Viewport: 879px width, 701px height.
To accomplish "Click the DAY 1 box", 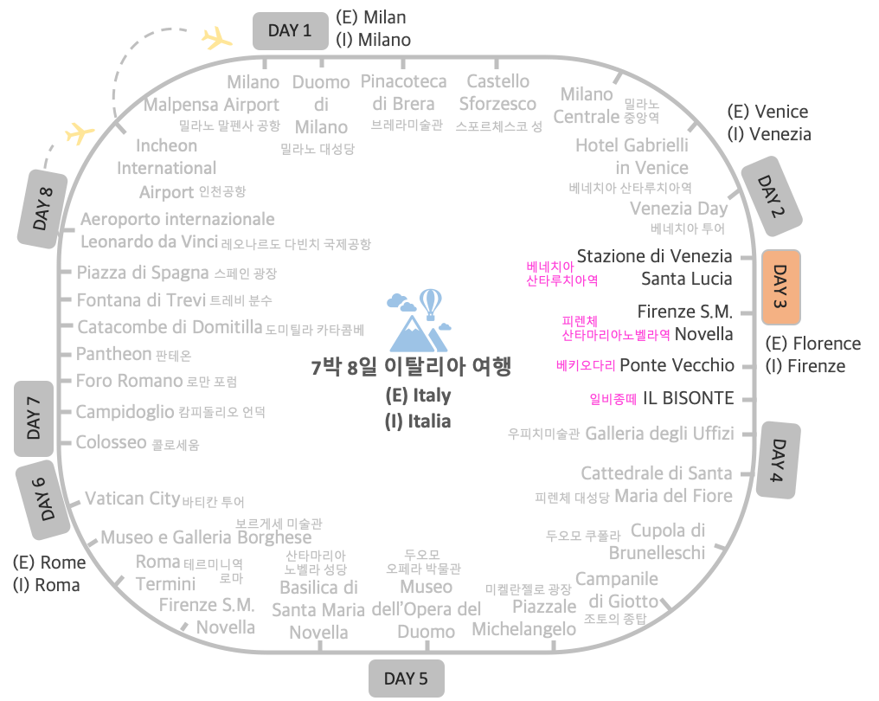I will (290, 31).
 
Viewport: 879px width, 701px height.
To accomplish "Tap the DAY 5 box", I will (405, 678).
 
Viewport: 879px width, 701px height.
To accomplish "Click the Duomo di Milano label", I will (321, 105).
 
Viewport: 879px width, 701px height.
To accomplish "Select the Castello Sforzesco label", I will (497, 93).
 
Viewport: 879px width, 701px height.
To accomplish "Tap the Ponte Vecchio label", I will (677, 365).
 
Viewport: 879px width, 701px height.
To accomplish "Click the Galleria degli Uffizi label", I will (659, 433).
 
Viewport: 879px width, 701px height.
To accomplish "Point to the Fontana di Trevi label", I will (141, 300).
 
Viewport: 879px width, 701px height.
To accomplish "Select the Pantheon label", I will (113, 354).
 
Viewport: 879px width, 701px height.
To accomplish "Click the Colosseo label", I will (111, 442).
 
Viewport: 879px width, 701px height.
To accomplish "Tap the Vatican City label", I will (132, 498).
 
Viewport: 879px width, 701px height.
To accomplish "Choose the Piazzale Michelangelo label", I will (524, 617).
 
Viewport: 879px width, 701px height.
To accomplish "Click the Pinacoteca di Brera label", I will (404, 93).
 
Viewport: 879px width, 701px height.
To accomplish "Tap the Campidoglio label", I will (125, 412).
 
